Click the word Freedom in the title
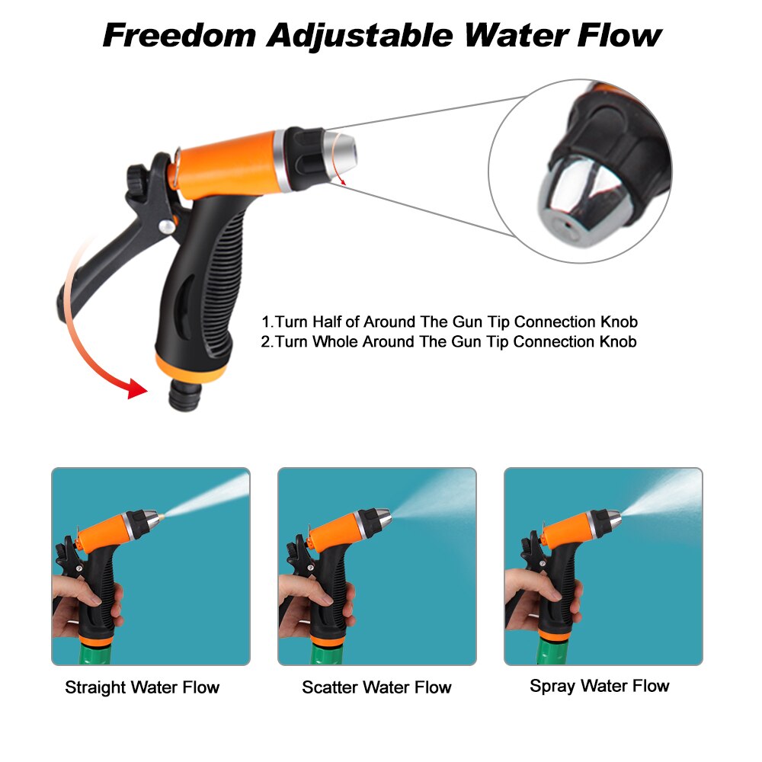[x=178, y=35]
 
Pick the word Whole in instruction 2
[x=337, y=341]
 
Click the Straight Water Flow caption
[x=142, y=687]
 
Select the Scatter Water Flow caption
[x=376, y=687]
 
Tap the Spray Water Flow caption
[x=599, y=686]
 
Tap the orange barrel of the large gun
[x=229, y=163]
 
